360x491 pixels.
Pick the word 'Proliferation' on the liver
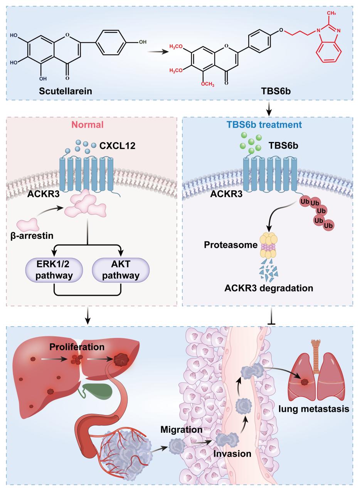tap(77, 347)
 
